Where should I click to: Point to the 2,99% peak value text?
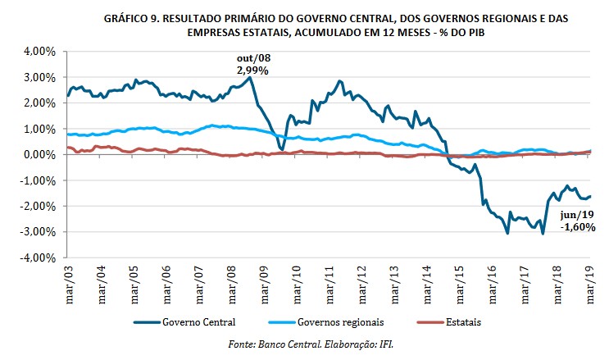coord(253,71)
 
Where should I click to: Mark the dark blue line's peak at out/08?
coord(250,78)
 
